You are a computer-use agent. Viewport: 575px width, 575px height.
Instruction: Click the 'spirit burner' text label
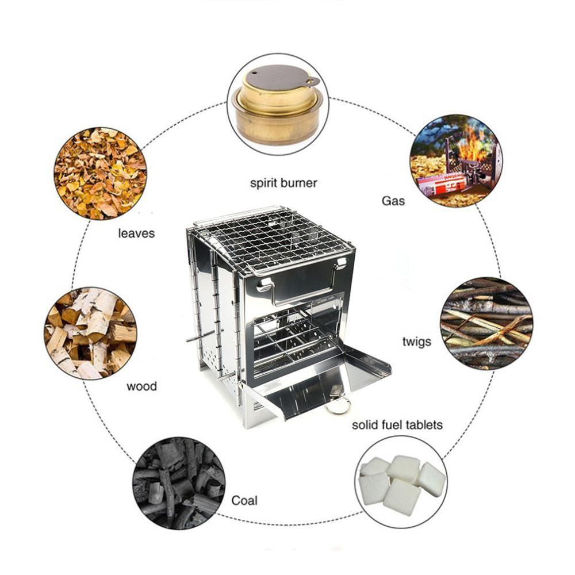283,183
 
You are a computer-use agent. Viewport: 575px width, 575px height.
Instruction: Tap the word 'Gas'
393,201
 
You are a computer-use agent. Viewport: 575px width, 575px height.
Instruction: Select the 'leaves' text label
136,233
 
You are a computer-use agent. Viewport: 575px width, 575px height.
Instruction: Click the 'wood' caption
141,386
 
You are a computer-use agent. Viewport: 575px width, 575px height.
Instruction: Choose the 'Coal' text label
244,500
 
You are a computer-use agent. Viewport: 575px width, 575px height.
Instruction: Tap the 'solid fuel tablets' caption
397,425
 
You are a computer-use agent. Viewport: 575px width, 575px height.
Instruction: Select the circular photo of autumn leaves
100,173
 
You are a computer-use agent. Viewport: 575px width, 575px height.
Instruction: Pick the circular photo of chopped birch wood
91,333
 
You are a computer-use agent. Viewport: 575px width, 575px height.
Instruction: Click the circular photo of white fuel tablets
401,482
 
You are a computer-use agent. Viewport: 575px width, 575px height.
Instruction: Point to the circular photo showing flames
455,160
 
